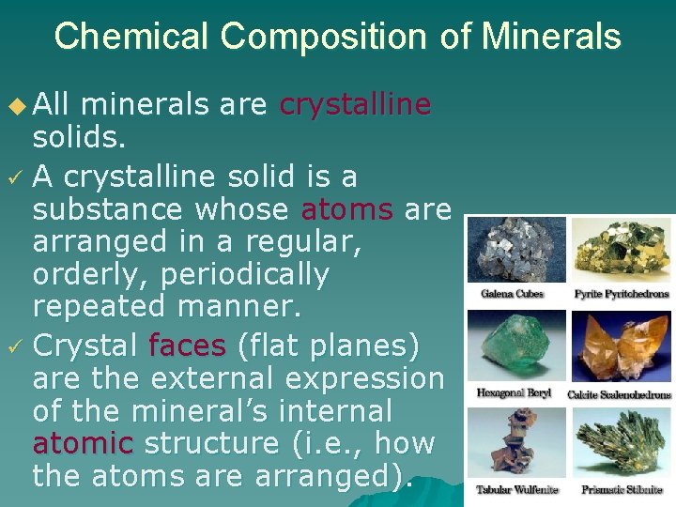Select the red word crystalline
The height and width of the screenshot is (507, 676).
coord(355,104)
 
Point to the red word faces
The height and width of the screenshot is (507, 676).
coord(188,346)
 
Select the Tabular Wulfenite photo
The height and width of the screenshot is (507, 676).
coord(516,444)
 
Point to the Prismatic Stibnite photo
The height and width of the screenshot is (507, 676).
coord(621,444)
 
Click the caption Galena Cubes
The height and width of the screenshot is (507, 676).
coord(513,293)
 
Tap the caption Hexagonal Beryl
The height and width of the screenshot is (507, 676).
coord(514,393)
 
